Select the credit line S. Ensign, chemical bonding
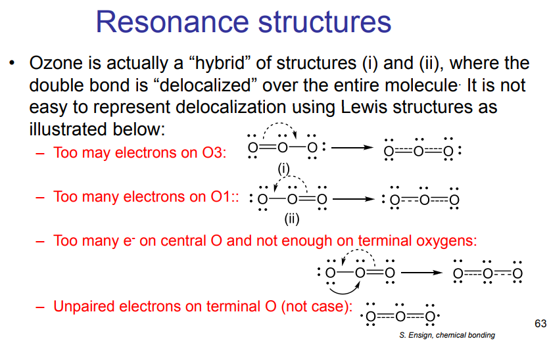coord(446,335)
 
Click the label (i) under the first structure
coord(283,169)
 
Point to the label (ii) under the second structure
coord(292,217)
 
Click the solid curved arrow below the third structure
coord(342,288)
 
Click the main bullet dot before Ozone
coord(11,64)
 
